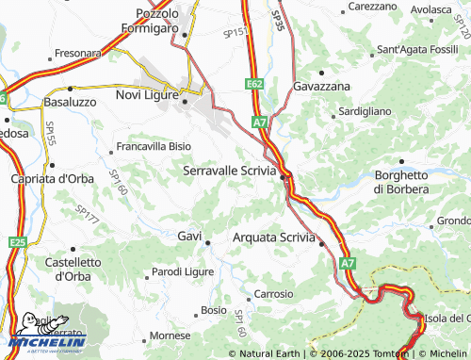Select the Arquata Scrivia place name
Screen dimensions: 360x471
273,237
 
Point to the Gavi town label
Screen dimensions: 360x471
189,236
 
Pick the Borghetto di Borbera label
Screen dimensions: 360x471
401,182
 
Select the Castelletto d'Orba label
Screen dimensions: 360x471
73,269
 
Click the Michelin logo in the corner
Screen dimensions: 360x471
44,338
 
